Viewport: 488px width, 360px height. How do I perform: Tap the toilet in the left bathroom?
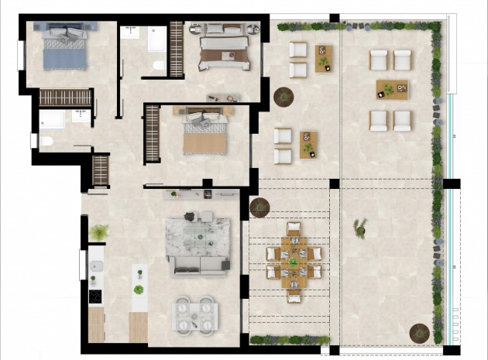click(x=44, y=141)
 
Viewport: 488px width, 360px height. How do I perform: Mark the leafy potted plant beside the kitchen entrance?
click(x=98, y=231)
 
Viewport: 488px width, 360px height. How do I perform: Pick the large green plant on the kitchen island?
click(x=139, y=290)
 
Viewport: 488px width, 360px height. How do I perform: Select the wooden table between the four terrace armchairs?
click(x=391, y=90)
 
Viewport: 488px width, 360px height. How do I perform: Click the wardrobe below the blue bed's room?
click(x=65, y=98)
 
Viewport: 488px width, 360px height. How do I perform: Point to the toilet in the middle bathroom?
click(x=159, y=64)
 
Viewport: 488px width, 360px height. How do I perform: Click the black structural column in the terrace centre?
click(x=334, y=184)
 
